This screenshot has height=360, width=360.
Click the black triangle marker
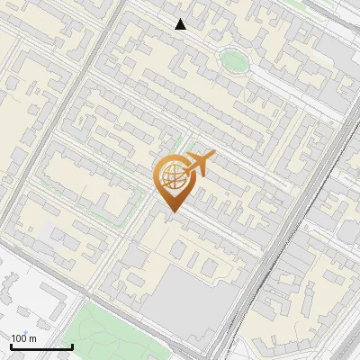[x=181, y=24]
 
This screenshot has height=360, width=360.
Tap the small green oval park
[x=234, y=60]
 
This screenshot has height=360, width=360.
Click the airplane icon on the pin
[x=197, y=165]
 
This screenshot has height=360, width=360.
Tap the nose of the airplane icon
[x=212, y=156]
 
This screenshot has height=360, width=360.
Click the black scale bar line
[x=41, y=346]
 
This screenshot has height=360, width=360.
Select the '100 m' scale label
[x=24, y=337]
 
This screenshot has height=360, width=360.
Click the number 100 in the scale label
[x=20, y=337]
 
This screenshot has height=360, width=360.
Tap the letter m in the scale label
[x=33, y=338]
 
